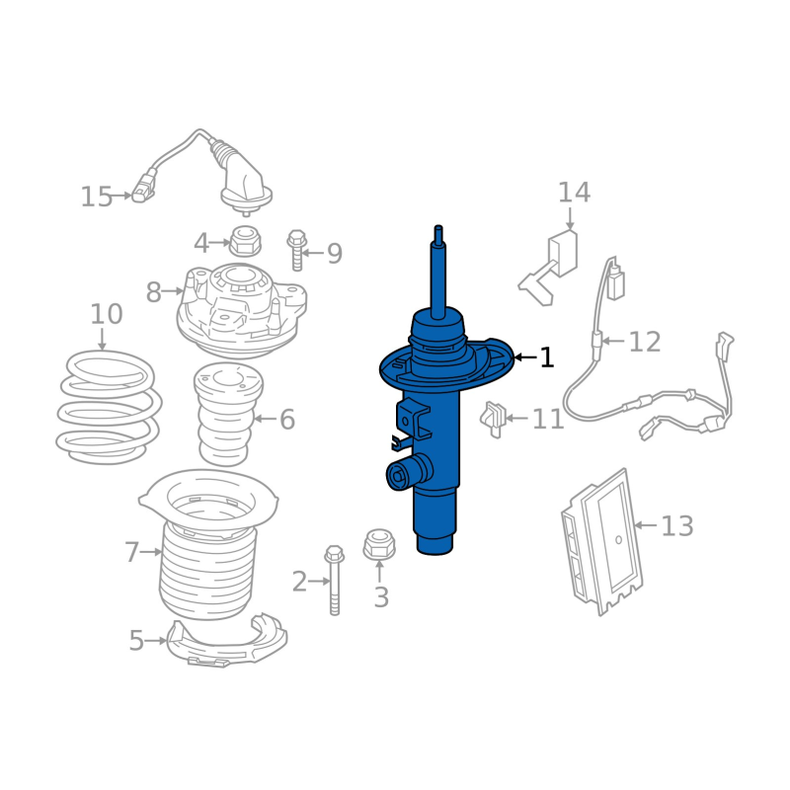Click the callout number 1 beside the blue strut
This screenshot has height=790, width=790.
[547, 357]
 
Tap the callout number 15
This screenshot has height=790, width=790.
[96, 197]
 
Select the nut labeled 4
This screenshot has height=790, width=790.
[245, 241]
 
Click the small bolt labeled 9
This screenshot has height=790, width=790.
[297, 251]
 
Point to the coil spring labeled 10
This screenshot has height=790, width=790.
[109, 407]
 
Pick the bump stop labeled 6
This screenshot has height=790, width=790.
[228, 414]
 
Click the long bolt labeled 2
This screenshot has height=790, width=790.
[335, 580]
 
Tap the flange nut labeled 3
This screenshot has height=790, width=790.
[379, 545]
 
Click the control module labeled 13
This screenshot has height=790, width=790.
[602, 541]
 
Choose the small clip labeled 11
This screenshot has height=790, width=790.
[493, 419]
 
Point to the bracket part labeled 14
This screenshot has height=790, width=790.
[549, 268]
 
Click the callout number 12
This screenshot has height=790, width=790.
[645, 342]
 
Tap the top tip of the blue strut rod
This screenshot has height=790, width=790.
[438, 227]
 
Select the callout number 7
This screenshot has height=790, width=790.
[131, 552]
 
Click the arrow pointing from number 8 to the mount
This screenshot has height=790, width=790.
[173, 291]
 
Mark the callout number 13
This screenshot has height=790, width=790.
[677, 526]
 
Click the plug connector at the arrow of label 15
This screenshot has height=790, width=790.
[143, 189]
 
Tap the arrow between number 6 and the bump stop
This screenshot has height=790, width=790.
[266, 418]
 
